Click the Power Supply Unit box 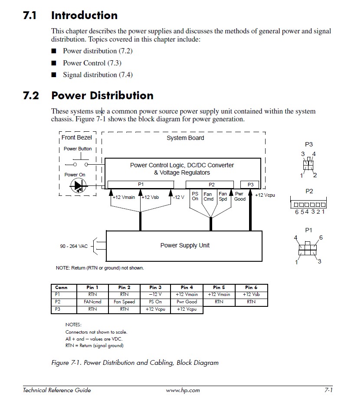tap(184, 246)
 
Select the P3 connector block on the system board tap(250, 185)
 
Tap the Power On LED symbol tap(78, 186)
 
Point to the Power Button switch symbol tap(80, 164)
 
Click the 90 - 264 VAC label tap(74, 246)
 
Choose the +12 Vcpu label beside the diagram tap(265, 195)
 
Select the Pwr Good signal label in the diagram tap(240, 197)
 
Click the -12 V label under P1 tap(178, 198)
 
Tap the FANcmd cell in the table tap(92, 302)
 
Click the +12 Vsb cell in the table tap(251, 295)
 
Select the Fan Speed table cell tap(124, 302)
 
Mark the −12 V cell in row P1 tap(155, 295)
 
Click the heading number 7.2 tap(31, 96)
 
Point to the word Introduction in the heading tap(84, 16)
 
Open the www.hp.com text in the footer tap(183, 390)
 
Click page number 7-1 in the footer tap(328, 390)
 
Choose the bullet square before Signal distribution tap(54, 75)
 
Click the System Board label tap(185, 138)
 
